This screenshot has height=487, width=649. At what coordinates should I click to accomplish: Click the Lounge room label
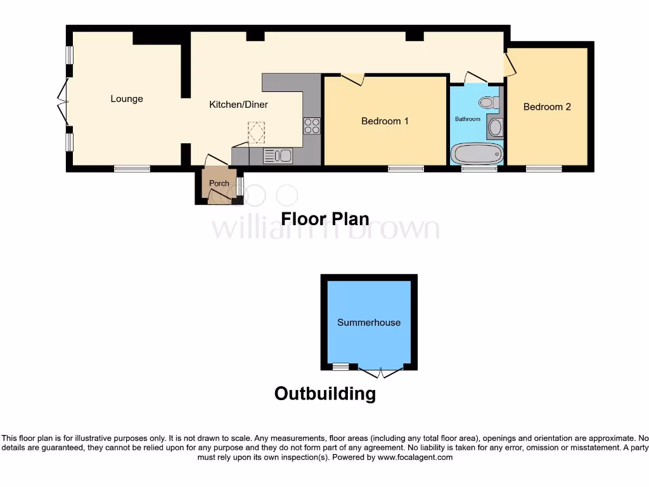(x=127, y=99)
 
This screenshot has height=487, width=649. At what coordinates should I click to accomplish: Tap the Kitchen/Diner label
(x=238, y=105)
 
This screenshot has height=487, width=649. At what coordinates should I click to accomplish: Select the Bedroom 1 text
(x=385, y=121)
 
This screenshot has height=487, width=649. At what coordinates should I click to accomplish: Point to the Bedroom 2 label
(x=547, y=107)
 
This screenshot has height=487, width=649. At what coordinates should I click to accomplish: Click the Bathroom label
(x=468, y=119)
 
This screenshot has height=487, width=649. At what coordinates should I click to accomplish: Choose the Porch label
(x=219, y=184)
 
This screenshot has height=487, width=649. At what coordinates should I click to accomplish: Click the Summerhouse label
(x=369, y=322)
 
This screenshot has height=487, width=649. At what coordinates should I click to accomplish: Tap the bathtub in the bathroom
(x=477, y=153)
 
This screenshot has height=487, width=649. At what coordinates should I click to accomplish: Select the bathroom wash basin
(x=495, y=128)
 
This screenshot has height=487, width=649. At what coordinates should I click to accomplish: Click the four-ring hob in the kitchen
(x=312, y=126)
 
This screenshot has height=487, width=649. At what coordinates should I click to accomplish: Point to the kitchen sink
(x=278, y=156)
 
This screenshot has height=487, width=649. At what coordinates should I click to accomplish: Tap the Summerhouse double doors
(x=381, y=372)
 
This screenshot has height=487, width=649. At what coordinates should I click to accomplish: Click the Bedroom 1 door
(x=353, y=79)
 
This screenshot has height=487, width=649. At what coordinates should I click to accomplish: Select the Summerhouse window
(x=341, y=367)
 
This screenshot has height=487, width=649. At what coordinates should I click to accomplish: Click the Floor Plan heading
(x=325, y=219)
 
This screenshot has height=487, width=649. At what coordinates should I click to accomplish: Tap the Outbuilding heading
(x=325, y=394)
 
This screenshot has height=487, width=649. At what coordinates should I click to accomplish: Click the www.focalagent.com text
(x=415, y=457)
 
